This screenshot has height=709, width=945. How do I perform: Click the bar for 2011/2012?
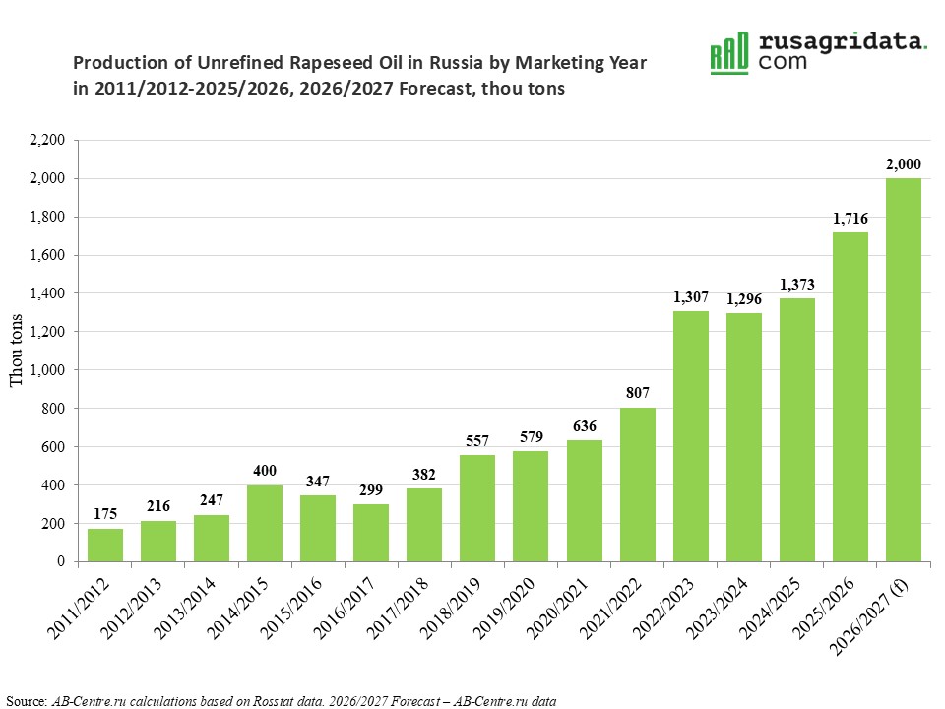point(105,545)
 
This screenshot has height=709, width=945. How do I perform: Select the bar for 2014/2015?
point(265,523)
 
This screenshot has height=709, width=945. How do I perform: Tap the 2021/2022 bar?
point(638,484)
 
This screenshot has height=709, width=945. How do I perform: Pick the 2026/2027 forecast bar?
point(904,370)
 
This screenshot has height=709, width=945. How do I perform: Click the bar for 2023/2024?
point(744,437)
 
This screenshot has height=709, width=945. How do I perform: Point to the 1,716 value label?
point(850,219)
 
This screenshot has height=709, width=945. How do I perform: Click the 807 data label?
point(638,393)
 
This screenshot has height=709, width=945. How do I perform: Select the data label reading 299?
point(371,490)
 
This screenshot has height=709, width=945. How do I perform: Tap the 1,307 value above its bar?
point(691,297)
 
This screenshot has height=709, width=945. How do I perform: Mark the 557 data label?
point(477,441)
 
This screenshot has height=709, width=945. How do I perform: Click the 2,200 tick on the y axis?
point(47,140)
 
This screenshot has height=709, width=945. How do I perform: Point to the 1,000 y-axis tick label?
point(47,370)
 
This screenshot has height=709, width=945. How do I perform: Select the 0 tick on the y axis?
point(61,561)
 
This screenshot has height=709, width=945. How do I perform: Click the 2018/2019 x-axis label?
point(450,608)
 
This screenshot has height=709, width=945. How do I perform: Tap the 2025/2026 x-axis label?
point(823,608)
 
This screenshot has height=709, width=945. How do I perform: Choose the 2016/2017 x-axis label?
point(345,608)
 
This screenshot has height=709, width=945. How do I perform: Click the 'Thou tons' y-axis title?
point(17,351)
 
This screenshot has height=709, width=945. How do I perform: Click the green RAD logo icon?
point(729,53)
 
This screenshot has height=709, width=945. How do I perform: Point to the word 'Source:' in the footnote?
point(27,701)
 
